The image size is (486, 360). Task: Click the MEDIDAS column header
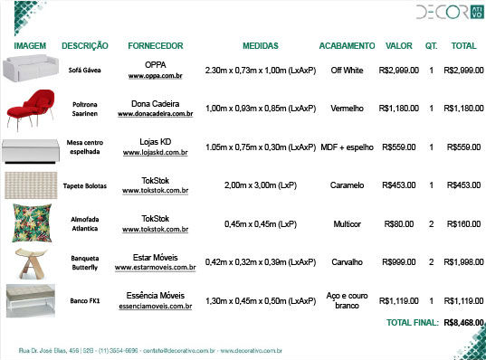(x=261, y=45)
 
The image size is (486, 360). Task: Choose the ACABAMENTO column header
(x=347, y=45)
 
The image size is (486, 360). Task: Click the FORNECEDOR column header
(x=156, y=45)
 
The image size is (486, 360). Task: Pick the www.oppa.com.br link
(x=156, y=77)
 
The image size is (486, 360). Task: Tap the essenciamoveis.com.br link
(x=156, y=307)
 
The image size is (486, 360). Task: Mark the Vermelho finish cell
(x=347, y=109)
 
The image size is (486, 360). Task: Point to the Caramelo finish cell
(x=347, y=185)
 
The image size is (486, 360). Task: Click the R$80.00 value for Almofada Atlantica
(x=399, y=223)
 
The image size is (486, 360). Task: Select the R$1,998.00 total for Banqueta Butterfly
(x=463, y=262)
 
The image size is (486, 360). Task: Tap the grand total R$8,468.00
(x=464, y=321)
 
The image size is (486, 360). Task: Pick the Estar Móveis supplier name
(x=156, y=256)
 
